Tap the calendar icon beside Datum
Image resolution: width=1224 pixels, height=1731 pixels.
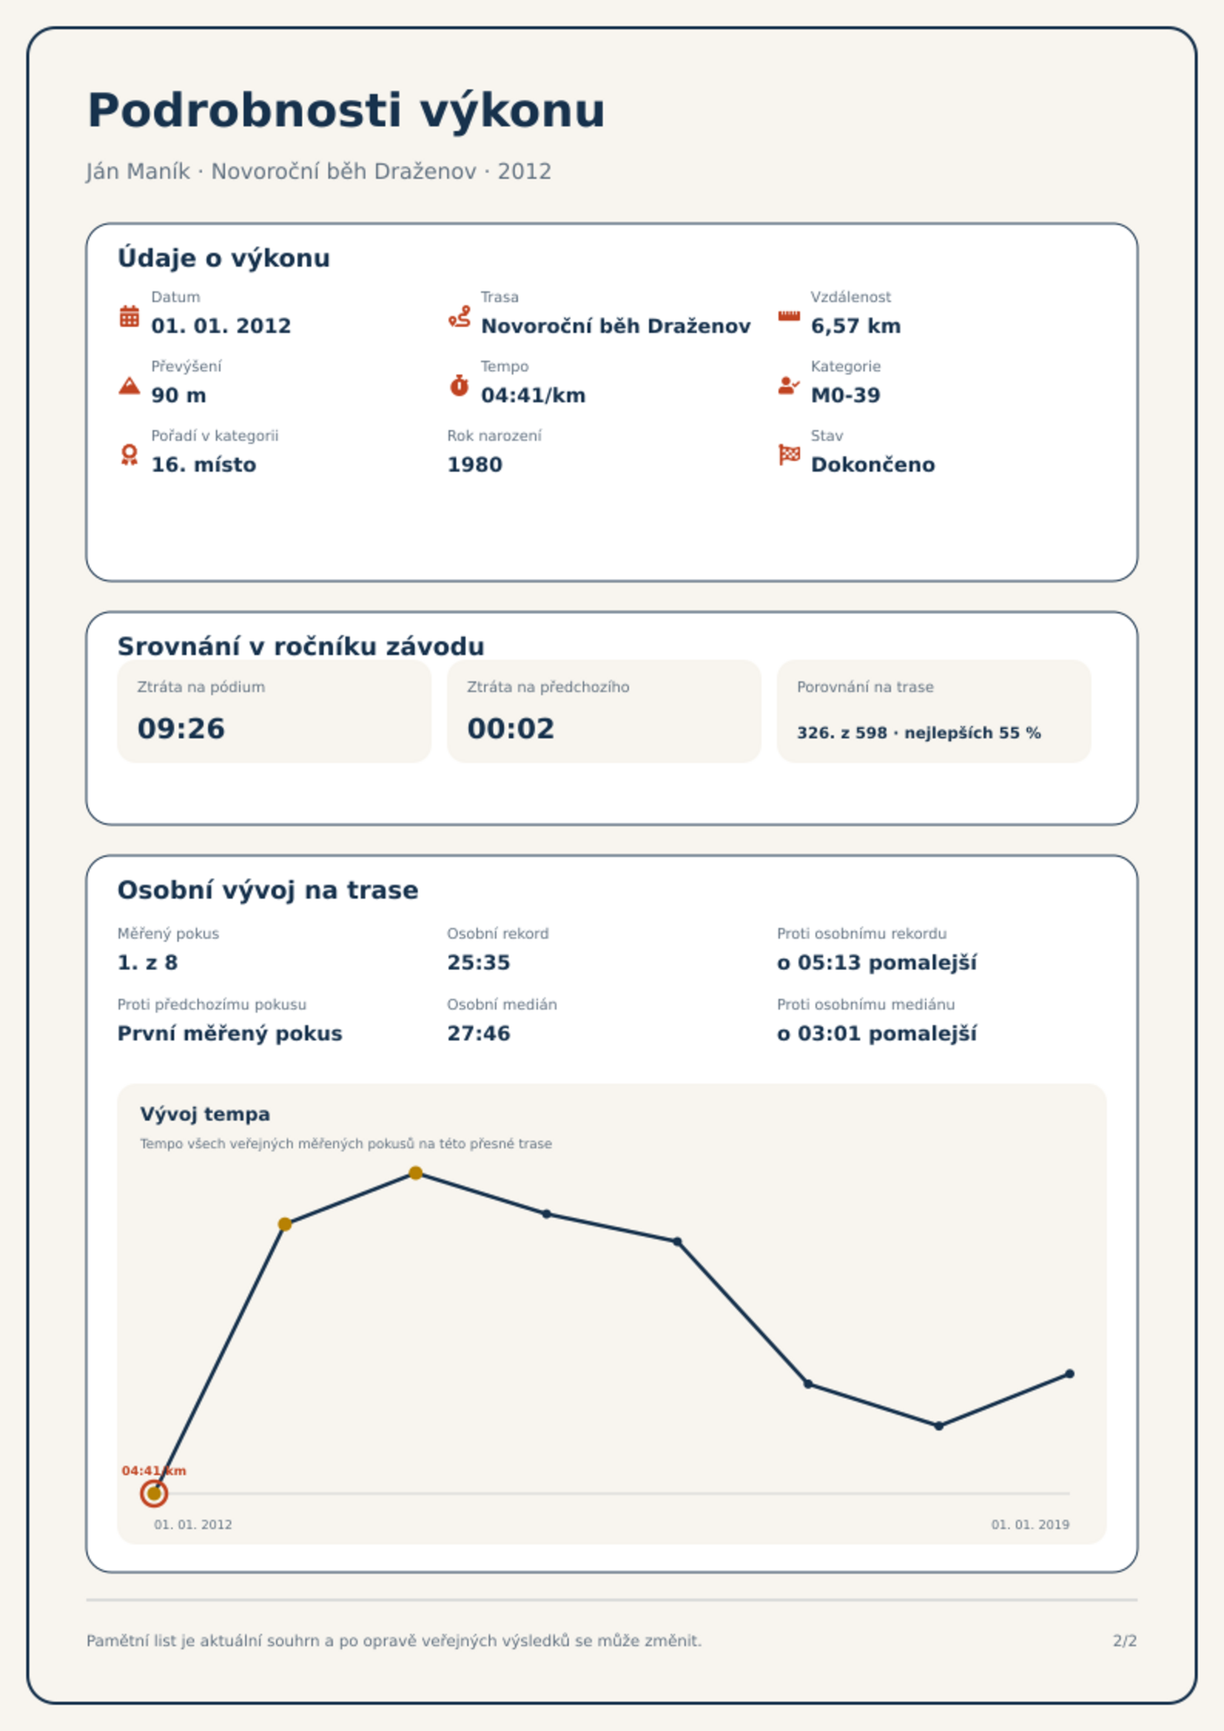[x=129, y=316]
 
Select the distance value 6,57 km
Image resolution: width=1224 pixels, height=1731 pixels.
[x=856, y=326]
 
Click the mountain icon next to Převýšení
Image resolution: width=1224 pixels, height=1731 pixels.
[x=129, y=385]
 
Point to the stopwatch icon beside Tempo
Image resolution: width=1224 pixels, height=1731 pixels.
[x=459, y=385]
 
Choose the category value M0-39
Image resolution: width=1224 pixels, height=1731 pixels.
[x=846, y=395]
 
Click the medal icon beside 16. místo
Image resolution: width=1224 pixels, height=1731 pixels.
[x=129, y=455]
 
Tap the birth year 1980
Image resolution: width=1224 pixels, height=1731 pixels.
[x=475, y=465]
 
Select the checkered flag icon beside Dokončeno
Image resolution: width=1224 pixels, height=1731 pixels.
[x=789, y=455]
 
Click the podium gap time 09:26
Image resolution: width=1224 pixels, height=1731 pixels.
[x=181, y=728]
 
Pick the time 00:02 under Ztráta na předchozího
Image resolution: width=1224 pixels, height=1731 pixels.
[x=511, y=728]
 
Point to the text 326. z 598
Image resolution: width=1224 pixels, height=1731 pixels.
[x=842, y=733]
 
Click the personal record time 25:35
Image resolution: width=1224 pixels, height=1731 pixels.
[x=479, y=963]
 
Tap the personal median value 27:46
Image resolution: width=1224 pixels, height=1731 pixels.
[x=479, y=1034]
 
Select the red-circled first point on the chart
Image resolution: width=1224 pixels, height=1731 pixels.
[x=154, y=1494]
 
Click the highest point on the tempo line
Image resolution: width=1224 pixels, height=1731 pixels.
[x=415, y=1173]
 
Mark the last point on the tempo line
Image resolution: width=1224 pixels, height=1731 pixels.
[x=1070, y=1373]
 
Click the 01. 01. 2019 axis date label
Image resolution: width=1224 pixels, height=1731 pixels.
[x=1031, y=1524]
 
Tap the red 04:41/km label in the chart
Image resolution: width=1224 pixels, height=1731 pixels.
[x=154, y=1471]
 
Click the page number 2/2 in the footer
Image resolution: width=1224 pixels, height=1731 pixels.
[x=1125, y=1641]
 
